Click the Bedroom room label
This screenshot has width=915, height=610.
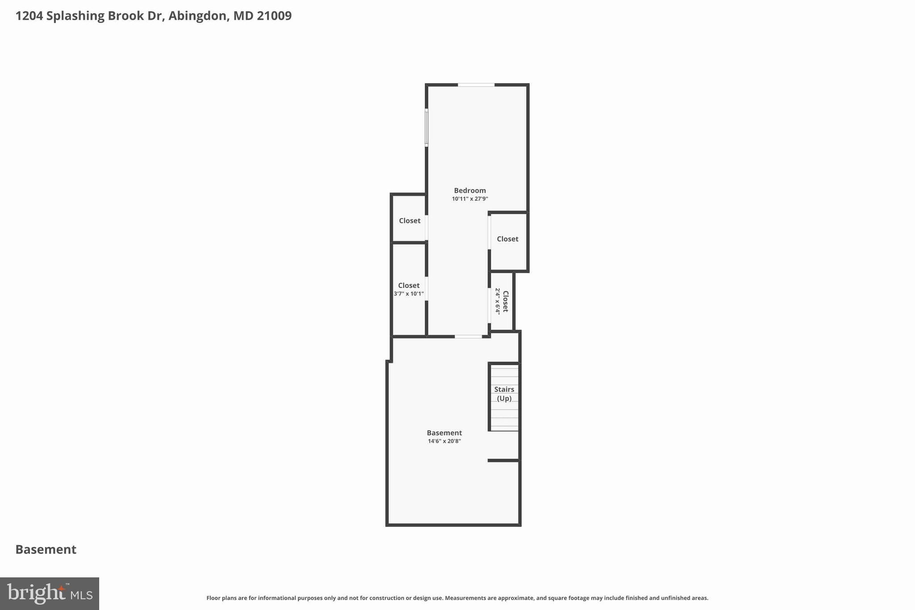[x=470, y=190]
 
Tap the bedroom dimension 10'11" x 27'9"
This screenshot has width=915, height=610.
[x=470, y=199]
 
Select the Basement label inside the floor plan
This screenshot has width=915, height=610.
[x=444, y=433]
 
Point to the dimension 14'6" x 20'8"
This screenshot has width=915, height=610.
[x=444, y=441]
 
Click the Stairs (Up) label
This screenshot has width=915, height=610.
[x=504, y=394]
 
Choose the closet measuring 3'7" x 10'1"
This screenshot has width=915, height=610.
[x=409, y=289]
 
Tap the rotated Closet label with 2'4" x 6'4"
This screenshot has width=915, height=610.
[x=502, y=301]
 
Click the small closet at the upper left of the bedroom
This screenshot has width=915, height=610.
[x=409, y=220]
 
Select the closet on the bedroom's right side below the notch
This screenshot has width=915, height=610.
[x=508, y=239]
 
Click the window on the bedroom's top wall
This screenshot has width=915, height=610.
[x=476, y=84]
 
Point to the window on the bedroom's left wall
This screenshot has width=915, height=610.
[x=426, y=128]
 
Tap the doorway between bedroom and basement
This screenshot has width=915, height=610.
[x=468, y=336]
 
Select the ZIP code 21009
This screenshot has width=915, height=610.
[x=274, y=16]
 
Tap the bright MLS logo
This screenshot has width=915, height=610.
[x=50, y=593]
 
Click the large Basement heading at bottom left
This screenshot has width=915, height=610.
[x=46, y=549]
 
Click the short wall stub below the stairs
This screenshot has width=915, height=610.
[x=503, y=460]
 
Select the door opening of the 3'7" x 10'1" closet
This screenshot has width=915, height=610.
[x=427, y=289]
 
